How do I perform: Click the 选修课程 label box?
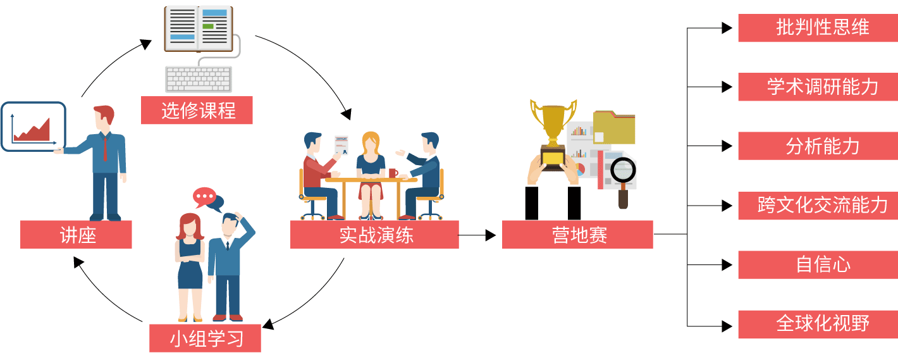[x=197, y=110]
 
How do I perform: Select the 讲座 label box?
[x=76, y=235]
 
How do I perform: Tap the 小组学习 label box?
[x=205, y=338]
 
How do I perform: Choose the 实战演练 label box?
[x=374, y=235]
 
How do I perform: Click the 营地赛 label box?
[x=577, y=235]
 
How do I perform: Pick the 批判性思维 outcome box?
[x=818, y=28]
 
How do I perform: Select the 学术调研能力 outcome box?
[x=818, y=87]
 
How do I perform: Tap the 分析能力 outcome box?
[x=818, y=146]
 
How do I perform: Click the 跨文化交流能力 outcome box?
[x=818, y=206]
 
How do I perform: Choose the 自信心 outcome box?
[x=818, y=264]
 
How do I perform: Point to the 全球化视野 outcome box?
[x=818, y=324]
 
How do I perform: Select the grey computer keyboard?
[x=199, y=79]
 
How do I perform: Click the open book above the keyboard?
[x=199, y=28]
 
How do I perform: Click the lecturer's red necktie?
[x=106, y=147]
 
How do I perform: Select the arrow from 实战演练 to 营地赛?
[x=477, y=235]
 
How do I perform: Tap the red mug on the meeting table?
[x=393, y=173]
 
